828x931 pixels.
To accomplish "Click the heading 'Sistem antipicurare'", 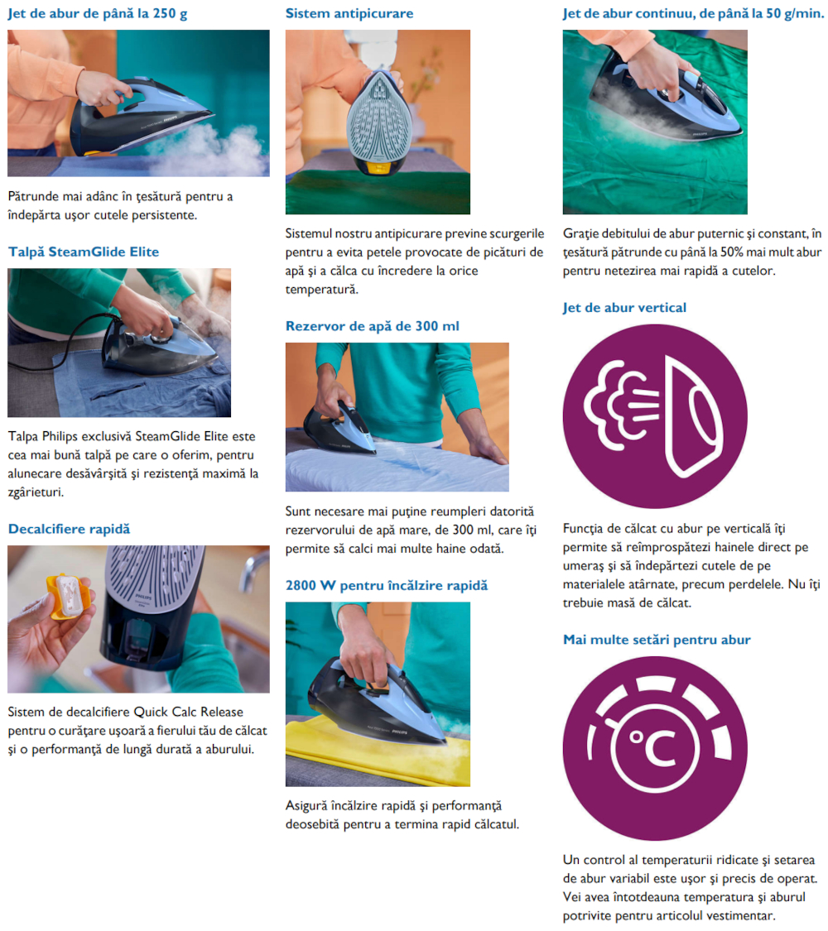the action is (x=349, y=13).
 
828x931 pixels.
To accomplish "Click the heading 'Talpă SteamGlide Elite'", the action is (x=84, y=252).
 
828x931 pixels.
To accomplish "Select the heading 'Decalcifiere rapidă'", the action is (x=69, y=529).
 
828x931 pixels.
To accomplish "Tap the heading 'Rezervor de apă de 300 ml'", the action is (x=373, y=326).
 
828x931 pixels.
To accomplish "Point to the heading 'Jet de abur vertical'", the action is (x=624, y=308).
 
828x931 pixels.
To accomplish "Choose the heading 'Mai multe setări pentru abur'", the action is (x=657, y=640).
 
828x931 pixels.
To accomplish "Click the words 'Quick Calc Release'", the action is (x=189, y=712).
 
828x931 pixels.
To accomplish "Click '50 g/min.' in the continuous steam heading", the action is (x=795, y=13).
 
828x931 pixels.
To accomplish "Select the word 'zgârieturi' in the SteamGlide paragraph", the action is (x=36, y=492).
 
